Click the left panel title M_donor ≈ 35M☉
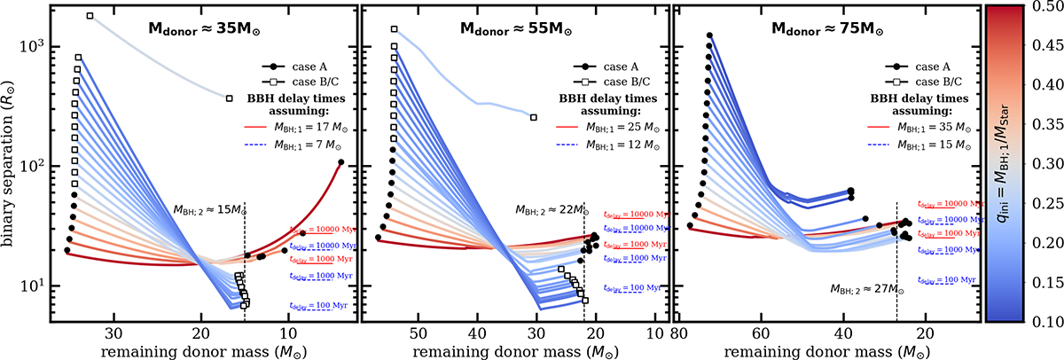[199, 28]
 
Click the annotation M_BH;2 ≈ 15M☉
[208, 210]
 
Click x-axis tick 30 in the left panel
[113, 334]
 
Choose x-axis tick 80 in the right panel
[679, 334]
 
